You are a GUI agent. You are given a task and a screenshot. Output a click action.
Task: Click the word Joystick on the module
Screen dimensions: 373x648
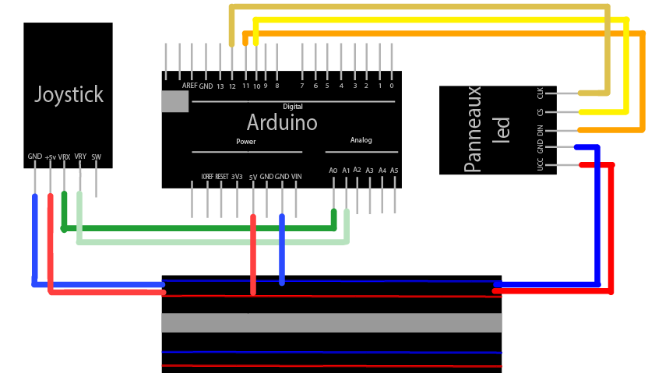[x=69, y=95]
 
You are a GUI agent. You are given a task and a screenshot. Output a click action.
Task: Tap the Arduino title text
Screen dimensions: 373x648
[x=282, y=122]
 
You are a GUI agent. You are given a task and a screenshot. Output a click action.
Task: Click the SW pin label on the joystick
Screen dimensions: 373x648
[x=97, y=157]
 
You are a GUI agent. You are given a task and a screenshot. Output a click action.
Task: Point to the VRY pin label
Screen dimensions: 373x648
[x=80, y=157]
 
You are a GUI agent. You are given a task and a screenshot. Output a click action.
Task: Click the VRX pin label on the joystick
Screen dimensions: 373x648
[x=64, y=157]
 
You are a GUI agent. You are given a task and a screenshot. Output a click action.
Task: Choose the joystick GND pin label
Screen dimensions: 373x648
[x=35, y=157]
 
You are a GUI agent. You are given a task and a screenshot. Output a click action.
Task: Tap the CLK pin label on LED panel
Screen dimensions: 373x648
[x=541, y=93]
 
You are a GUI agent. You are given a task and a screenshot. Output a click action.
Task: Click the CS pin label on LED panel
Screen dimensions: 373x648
[x=541, y=112]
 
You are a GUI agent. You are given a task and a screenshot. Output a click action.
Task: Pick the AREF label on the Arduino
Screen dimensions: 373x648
[x=189, y=86]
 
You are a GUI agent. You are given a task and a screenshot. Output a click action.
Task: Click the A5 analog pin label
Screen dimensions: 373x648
[x=394, y=170]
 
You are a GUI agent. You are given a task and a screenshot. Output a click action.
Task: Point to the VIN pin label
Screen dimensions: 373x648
[x=297, y=177]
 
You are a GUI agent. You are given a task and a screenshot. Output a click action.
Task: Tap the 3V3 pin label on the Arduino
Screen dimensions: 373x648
[x=237, y=177]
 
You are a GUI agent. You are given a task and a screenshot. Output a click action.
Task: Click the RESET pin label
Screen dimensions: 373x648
[x=222, y=177]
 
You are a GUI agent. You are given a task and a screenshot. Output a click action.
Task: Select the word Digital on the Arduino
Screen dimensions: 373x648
[x=293, y=106]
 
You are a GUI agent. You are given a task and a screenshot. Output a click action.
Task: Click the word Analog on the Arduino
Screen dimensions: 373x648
[x=361, y=140]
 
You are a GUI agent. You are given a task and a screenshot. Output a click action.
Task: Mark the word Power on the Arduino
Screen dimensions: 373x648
[x=246, y=142]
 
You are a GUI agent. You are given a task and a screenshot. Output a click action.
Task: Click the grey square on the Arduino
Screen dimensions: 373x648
[x=175, y=101]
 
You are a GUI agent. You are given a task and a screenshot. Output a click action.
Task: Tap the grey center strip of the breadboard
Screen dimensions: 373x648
[x=331, y=322]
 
